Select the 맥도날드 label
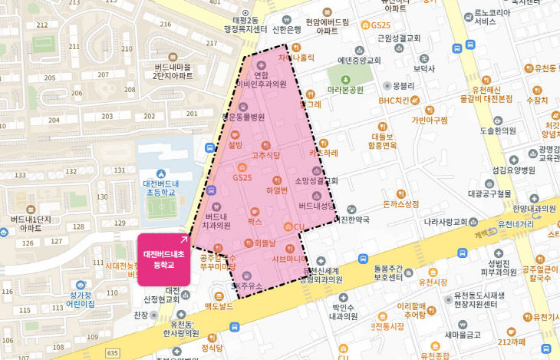pyautogui.click(x=217, y=307)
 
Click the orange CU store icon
pyautogui.click(x=289, y=226)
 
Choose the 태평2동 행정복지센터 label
pyautogui.click(x=245, y=25)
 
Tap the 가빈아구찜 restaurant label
pyautogui.click(x=430, y=120)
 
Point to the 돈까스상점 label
pyautogui.click(x=400, y=204)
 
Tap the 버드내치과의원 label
pyautogui.click(x=217, y=220)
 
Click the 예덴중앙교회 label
pyautogui.click(x=359, y=60)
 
